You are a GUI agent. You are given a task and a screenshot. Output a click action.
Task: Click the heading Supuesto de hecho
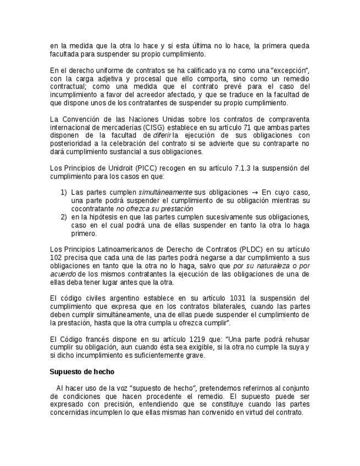(82, 372)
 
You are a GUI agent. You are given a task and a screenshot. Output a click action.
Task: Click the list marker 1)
(64, 192)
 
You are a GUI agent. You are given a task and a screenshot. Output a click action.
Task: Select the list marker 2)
(64, 217)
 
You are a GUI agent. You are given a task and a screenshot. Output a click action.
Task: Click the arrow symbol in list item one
(254, 192)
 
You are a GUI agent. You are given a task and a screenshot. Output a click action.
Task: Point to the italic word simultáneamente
(165, 192)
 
